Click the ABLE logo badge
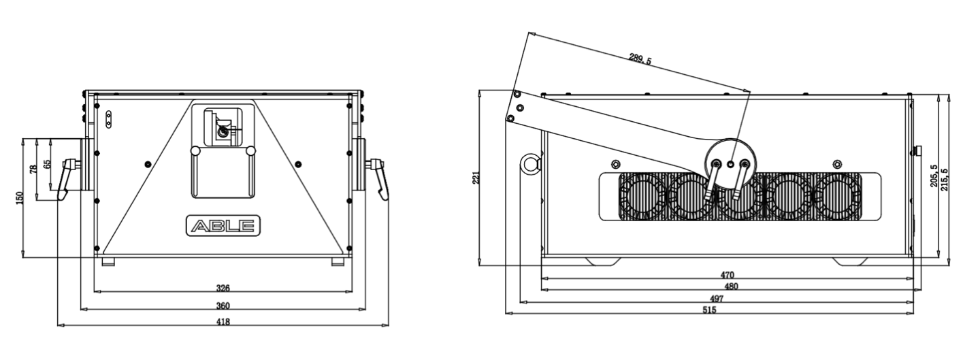click(x=223, y=226)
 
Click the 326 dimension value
click(x=223, y=289)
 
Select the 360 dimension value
click(x=223, y=306)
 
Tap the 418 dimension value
click(x=223, y=322)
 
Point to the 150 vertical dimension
click(x=20, y=198)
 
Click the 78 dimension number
click(x=33, y=169)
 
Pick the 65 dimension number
click(x=47, y=163)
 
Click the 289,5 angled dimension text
click(x=640, y=59)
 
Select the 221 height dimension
click(x=476, y=177)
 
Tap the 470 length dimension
click(x=727, y=275)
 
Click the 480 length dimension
click(x=731, y=287)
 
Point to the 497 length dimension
click(x=716, y=299)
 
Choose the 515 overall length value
click(x=709, y=310)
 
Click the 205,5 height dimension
click(x=934, y=176)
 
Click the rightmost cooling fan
click(x=837, y=197)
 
